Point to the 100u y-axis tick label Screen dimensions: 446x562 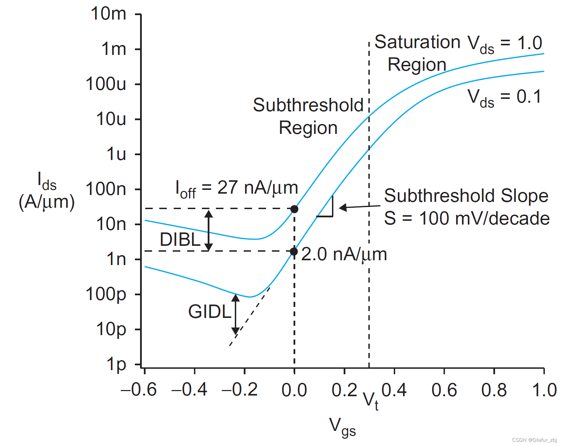[106, 84]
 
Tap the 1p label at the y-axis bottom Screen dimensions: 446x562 [116, 365]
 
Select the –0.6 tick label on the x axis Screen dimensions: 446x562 [139, 390]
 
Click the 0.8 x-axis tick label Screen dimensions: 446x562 [494, 390]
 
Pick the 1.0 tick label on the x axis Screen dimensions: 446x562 [544, 390]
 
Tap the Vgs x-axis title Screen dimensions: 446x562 [342, 427]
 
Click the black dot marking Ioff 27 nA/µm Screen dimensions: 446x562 [294, 209]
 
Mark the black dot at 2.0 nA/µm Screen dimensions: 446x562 [294, 252]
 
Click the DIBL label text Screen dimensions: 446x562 [180, 239]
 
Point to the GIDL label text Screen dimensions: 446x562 [210, 312]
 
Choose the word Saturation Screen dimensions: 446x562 [417, 42]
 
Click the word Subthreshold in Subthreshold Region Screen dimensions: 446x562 [308, 105]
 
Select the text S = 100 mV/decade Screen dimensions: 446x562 [467, 218]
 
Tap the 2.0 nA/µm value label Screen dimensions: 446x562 [344, 254]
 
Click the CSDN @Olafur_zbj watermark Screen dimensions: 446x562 [534, 440]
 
